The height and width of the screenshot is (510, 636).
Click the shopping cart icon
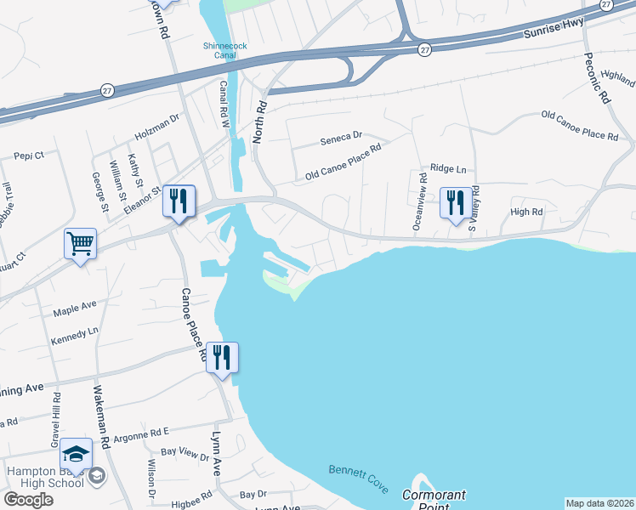click(x=80, y=245)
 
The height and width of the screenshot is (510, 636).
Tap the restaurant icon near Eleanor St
click(x=179, y=202)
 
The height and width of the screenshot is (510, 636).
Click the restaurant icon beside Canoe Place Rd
click(x=222, y=359)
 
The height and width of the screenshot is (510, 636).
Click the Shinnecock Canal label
click(x=219, y=50)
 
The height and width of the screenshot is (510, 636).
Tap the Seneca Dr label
click(x=341, y=135)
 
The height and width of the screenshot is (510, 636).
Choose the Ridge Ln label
click(x=449, y=169)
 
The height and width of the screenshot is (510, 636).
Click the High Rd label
click(x=526, y=212)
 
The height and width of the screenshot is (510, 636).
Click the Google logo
click(x=29, y=500)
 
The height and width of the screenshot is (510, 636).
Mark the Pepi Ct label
click(x=29, y=156)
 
